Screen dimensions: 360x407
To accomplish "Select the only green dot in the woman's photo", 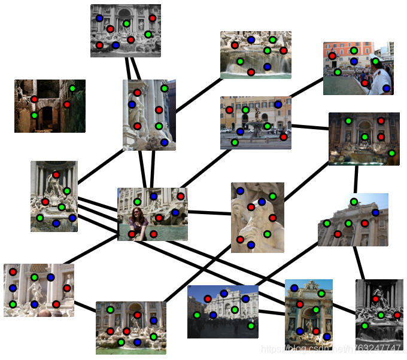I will click(x=138, y=202).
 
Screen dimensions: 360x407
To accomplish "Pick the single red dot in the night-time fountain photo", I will click(x=207, y=298).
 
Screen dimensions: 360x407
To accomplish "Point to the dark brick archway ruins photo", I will click(x=50, y=106).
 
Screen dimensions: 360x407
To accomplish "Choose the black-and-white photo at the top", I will click(x=126, y=30).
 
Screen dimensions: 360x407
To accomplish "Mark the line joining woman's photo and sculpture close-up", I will click(x=209, y=212).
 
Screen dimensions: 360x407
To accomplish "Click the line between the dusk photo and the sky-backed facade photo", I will click(x=356, y=179).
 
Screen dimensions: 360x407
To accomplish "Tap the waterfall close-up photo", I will click(x=256, y=55).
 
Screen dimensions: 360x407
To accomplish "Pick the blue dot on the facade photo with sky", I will click(x=375, y=212).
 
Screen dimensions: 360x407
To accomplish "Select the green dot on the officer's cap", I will click(x=375, y=60).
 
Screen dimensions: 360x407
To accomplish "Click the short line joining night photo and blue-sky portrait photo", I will click(x=272, y=312).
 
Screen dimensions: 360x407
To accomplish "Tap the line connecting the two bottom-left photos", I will click(x=85, y=306).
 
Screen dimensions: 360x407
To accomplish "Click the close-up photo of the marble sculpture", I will click(x=257, y=217).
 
